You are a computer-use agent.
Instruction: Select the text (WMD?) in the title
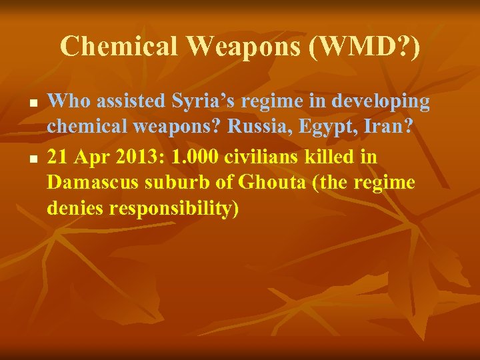(362, 46)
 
